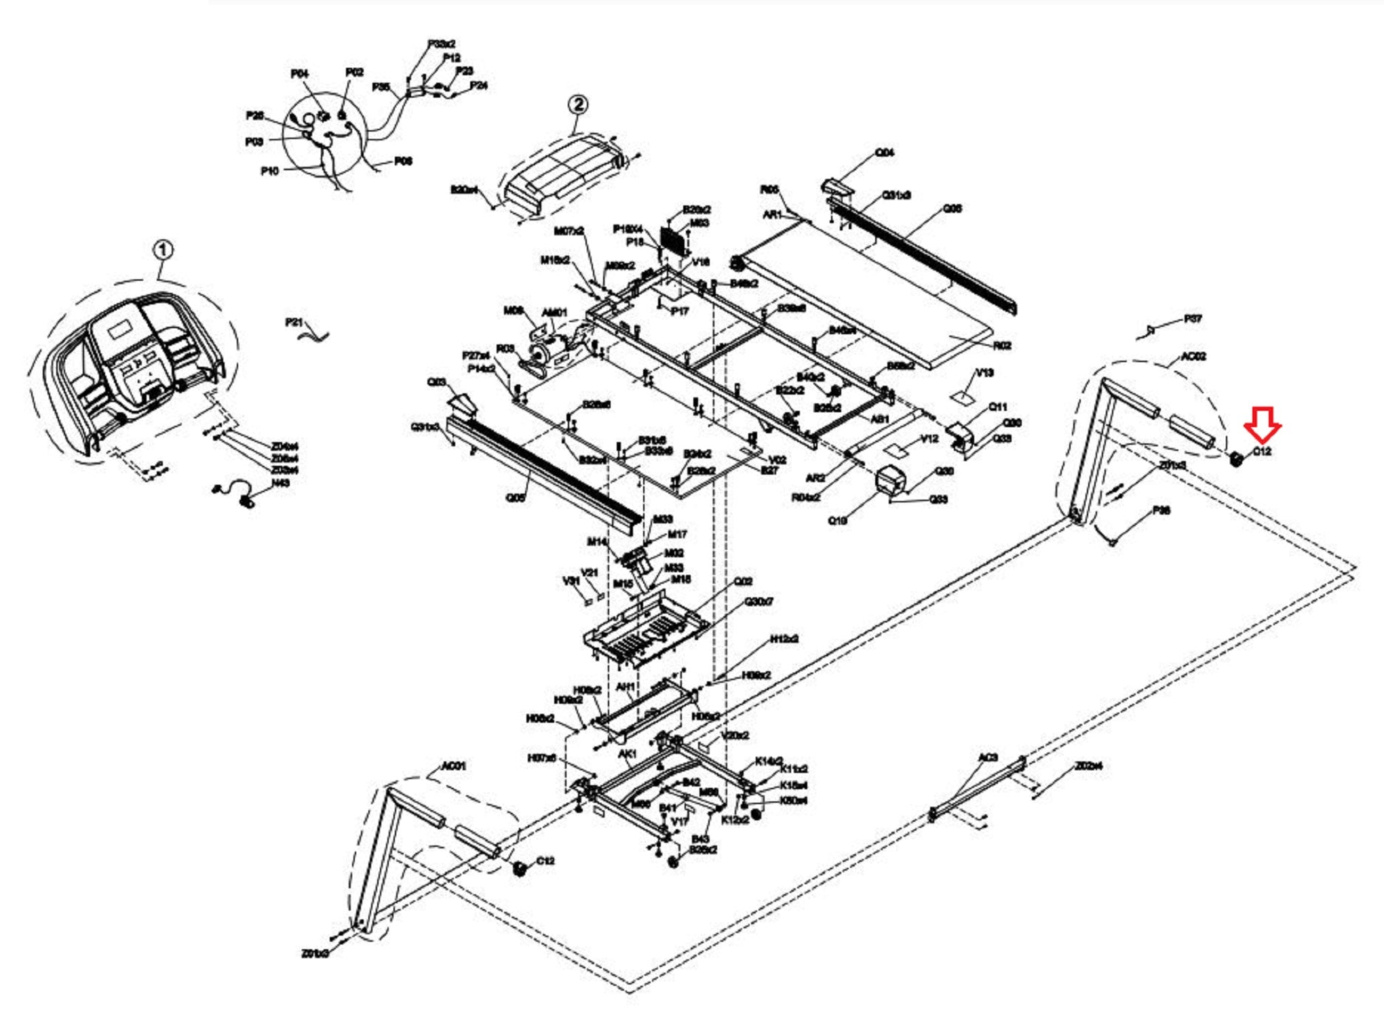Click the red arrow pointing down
1262,424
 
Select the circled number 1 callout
163,251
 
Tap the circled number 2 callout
578,104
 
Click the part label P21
294,322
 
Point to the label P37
1193,319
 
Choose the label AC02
1193,357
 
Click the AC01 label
453,766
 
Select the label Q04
885,153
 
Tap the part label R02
1002,346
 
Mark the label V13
984,373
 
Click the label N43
281,483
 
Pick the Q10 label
837,521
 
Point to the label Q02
743,582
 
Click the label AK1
627,754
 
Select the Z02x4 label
1088,766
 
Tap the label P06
403,161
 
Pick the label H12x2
784,639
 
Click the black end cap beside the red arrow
1236,459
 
